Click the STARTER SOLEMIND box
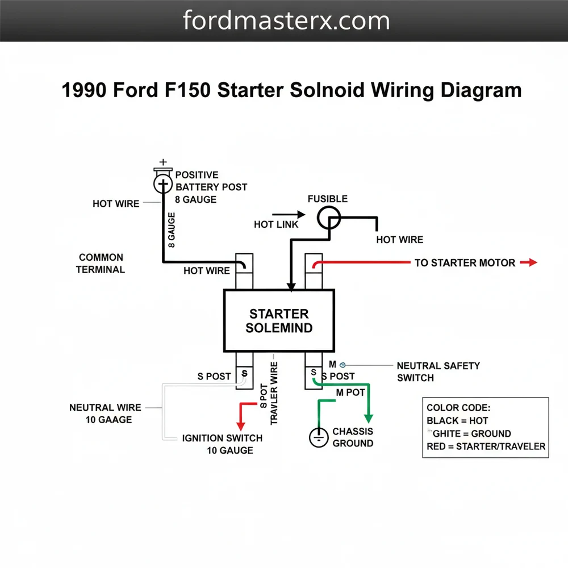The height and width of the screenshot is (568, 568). tap(279, 320)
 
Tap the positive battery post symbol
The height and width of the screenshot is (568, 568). tap(164, 183)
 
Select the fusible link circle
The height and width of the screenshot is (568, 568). tap(328, 218)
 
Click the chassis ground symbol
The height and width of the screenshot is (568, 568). tap(319, 437)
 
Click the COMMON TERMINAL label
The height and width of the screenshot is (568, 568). tap(101, 264)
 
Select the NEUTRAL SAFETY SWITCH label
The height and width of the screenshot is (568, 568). tap(438, 371)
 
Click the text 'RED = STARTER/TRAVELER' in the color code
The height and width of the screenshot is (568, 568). tap(486, 446)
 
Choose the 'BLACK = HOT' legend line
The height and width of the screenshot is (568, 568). tap(457, 421)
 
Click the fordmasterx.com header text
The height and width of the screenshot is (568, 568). tap(286, 20)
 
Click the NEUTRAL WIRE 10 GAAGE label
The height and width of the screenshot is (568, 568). tap(101, 414)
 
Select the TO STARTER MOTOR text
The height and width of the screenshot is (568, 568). tap(465, 263)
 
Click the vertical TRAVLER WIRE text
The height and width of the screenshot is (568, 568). tap(274, 392)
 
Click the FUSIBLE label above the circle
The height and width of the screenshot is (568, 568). tap(327, 199)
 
